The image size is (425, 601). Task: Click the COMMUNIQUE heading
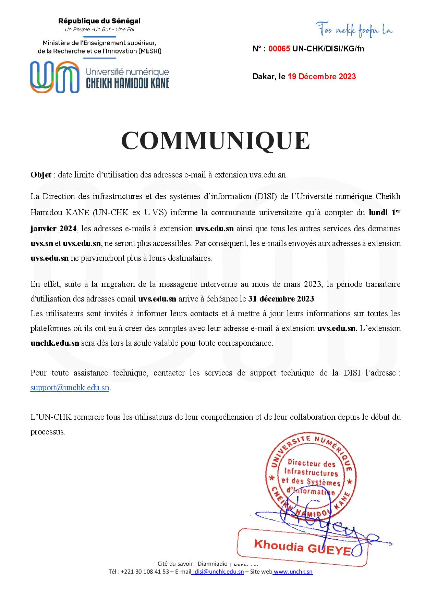coord(215,141)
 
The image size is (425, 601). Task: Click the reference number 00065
coord(279,49)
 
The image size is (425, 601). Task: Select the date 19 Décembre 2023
coord(321,76)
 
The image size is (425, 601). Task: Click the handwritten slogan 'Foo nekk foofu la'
coord(354,30)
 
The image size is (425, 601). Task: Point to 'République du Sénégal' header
coord(99,21)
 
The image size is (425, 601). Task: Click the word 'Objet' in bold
coord(41,175)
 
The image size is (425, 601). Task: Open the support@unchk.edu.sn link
coord(70,388)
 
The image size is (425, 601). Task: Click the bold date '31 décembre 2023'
coord(281,299)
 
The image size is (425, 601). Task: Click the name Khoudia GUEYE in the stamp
coord(302,547)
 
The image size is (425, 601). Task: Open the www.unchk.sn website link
coord(293,572)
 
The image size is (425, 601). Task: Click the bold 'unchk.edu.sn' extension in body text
coord(55,343)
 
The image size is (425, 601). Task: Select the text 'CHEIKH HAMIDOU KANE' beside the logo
coord(127,83)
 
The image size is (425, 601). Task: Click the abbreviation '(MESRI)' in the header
coord(150,51)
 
